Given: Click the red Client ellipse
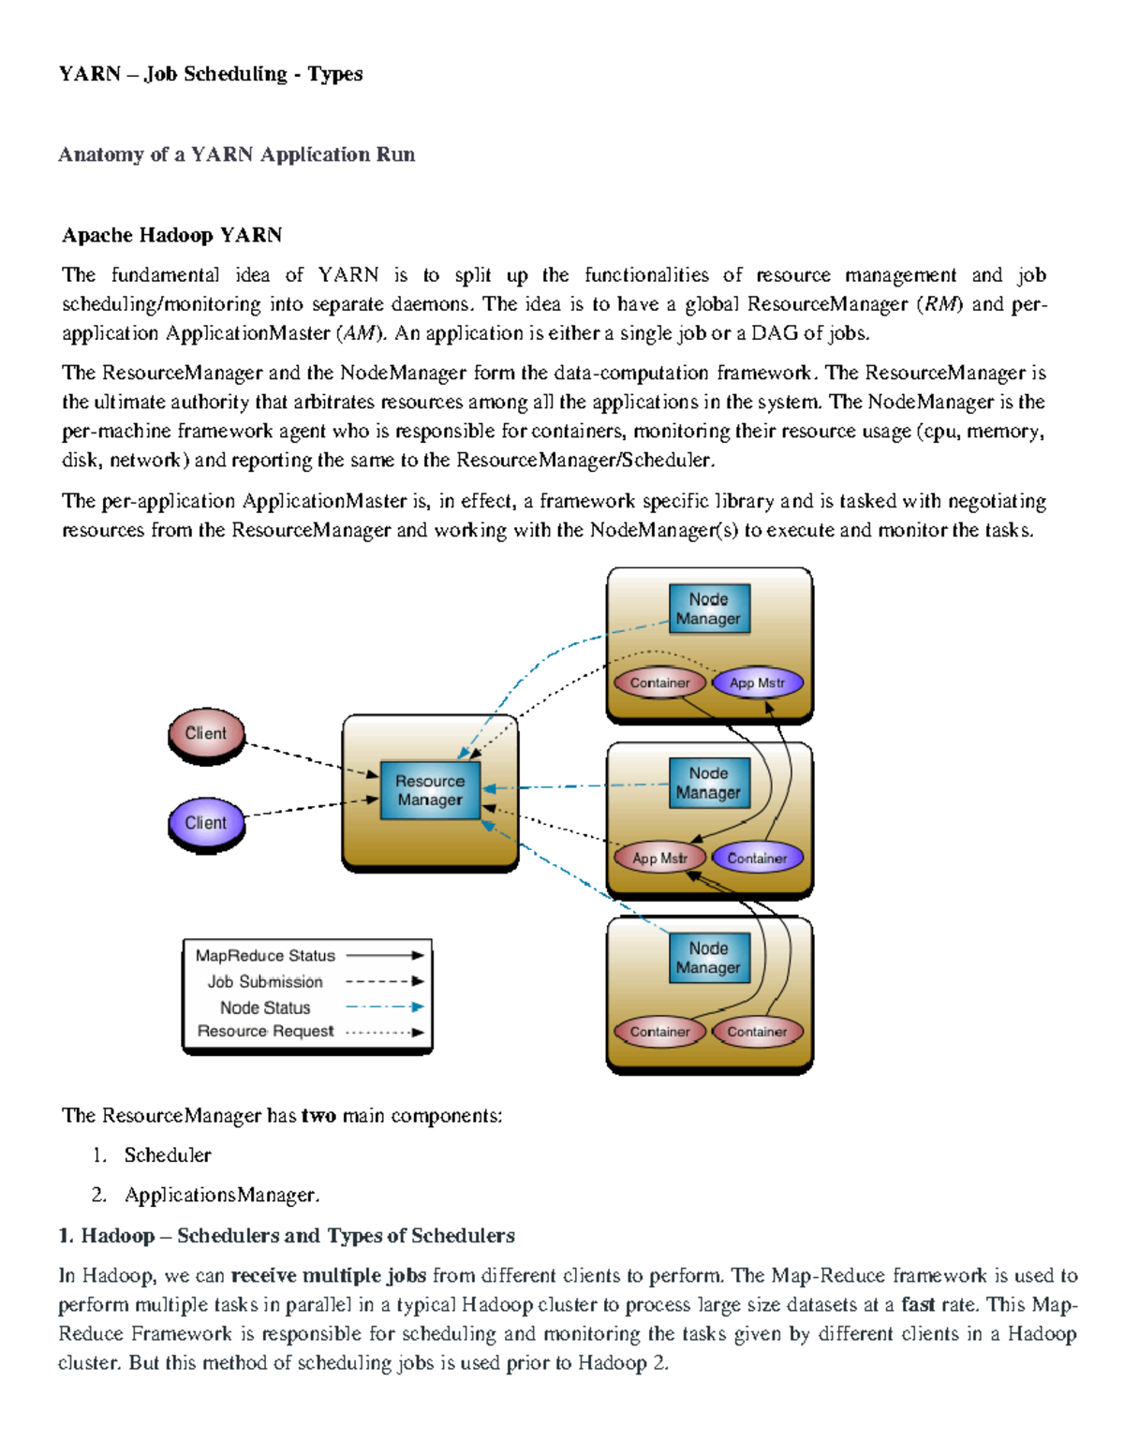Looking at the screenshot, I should click(x=206, y=733).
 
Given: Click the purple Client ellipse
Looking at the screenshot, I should click(x=206, y=823).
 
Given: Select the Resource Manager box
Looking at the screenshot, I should click(x=429, y=790).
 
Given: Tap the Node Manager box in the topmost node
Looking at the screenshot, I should click(x=708, y=609).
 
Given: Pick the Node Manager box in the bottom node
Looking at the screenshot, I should click(x=708, y=958).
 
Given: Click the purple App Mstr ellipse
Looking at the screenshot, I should click(x=757, y=683).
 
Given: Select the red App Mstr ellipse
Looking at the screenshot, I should click(x=659, y=858).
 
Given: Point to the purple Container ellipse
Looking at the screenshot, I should click(x=757, y=858).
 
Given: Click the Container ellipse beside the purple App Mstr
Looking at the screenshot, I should click(x=659, y=683).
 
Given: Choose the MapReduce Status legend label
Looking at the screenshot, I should click(x=265, y=956).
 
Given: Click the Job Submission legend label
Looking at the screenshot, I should click(x=265, y=981).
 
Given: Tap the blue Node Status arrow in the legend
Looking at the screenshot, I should click(x=384, y=1007).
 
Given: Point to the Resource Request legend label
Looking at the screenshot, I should click(x=265, y=1031).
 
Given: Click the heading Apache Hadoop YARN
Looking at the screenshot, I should click(x=172, y=235).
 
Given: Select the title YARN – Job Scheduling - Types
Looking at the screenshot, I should click(x=211, y=74).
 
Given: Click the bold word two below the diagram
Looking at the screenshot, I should click(x=318, y=1115).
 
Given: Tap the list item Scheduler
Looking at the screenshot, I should click(x=168, y=1155).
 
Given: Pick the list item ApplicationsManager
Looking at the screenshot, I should click(x=222, y=1196).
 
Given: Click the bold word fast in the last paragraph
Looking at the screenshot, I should click(x=917, y=1304).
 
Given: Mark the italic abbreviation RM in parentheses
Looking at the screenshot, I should click(x=938, y=304).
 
